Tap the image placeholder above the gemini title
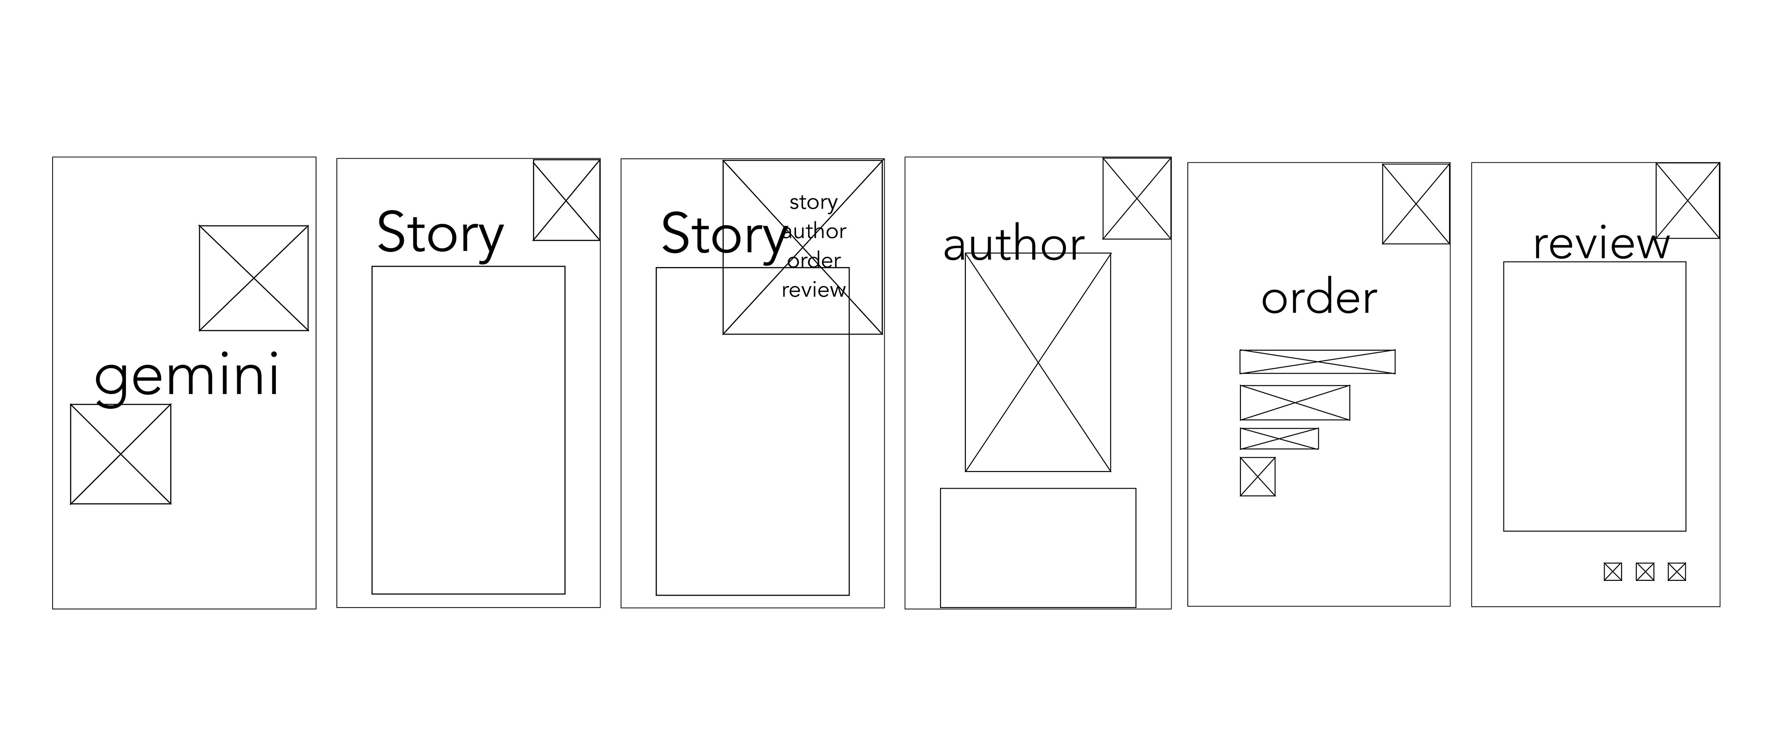pos(254,278)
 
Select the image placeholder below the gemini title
pos(120,454)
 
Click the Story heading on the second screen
pos(440,234)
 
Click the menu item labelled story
pos(813,202)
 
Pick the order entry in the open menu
pos(814,261)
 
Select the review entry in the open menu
pos(814,290)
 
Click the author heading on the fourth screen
pos(1013,245)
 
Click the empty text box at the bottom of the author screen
pos(1037,548)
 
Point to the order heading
pos(1319,298)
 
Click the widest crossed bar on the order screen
pos(1317,362)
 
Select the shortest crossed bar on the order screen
pos(1279,438)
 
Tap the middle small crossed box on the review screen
pos(1645,572)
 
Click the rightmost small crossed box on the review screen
pos(1676,572)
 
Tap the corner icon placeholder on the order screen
pos(1416,203)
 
